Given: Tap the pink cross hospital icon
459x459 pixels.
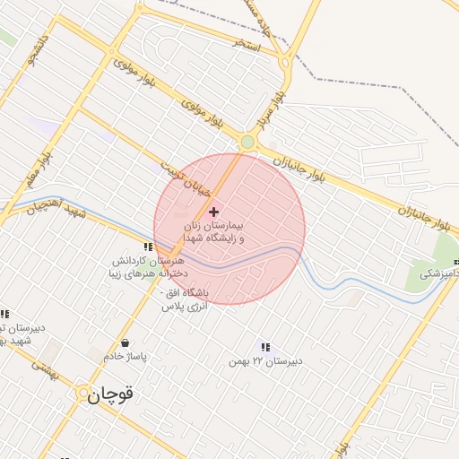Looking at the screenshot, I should (212, 212).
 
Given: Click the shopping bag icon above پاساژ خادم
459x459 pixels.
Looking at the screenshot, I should (124, 343).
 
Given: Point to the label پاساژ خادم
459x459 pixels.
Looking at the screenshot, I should (124, 357).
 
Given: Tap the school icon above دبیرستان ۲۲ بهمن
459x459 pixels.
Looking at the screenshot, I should (264, 347).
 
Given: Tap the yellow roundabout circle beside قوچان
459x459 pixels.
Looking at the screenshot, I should (82, 393).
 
